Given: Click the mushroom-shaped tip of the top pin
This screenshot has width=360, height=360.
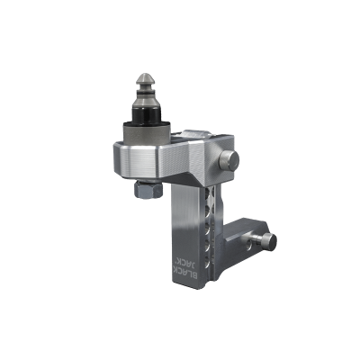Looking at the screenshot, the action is click(145, 79).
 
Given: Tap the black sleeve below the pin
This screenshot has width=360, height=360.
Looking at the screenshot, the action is click(146, 114).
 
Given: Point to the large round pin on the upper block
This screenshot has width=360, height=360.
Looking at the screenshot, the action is click(229, 160).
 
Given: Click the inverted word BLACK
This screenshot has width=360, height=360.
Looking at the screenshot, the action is click(191, 269).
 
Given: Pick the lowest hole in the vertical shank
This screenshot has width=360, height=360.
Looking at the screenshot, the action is click(208, 264).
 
